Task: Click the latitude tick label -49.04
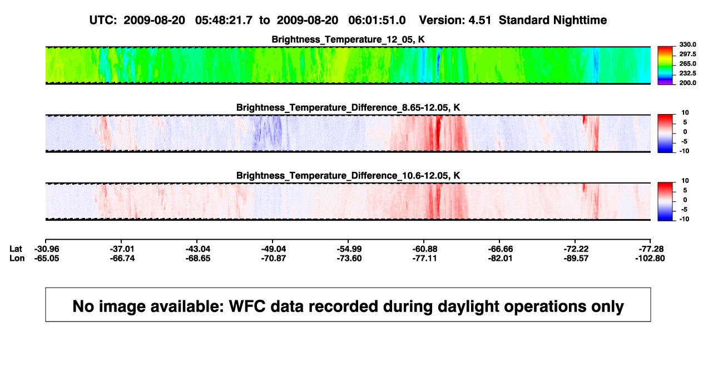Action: (274, 249)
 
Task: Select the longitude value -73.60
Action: (349, 259)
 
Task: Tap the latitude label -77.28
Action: (651, 249)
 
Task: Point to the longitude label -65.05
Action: (47, 259)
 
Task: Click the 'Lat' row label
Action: (16, 249)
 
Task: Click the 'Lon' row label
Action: (17, 259)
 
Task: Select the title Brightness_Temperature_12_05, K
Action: (348, 39)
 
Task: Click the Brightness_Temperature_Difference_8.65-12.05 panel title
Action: (348, 108)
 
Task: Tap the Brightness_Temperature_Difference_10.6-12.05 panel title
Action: (348, 176)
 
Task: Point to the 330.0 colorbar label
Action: (687, 44)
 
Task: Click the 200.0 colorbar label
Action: (687, 83)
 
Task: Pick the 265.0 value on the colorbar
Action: (687, 63)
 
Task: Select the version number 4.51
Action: (479, 21)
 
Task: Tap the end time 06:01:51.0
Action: (377, 21)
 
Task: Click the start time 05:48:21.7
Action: (224, 21)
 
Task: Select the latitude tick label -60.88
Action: (425, 249)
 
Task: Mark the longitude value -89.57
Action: (576, 259)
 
